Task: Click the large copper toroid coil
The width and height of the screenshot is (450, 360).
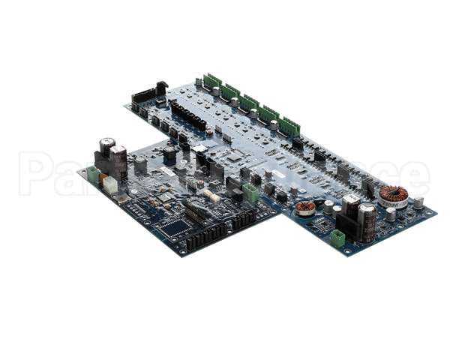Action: (393, 196)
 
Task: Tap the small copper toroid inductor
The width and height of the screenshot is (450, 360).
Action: (305, 208)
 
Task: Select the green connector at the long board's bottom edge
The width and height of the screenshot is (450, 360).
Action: (337, 238)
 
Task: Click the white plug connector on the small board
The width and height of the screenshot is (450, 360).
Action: (110, 184)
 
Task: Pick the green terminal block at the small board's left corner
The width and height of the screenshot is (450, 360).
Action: (93, 175)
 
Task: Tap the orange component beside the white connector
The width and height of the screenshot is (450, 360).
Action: (102, 179)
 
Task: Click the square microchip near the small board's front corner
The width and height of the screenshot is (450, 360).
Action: (174, 226)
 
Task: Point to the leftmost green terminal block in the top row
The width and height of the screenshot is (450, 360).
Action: (212, 82)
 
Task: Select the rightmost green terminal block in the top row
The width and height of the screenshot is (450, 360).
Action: (289, 127)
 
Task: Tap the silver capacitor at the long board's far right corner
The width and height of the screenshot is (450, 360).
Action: (418, 202)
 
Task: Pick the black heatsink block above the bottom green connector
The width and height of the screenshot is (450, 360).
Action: (347, 223)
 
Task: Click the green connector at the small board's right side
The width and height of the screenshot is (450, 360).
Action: (251, 193)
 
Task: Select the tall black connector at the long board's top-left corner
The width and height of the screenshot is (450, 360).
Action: (161, 88)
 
